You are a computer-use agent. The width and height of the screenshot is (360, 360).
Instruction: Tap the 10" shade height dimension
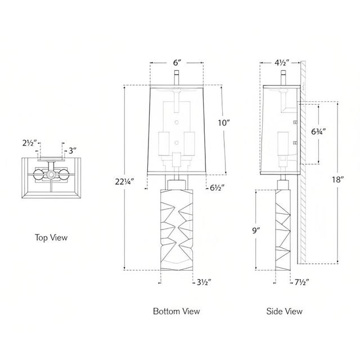224,123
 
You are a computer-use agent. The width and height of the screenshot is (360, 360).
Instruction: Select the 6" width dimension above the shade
177,62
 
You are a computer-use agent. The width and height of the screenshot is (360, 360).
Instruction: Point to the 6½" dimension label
217,188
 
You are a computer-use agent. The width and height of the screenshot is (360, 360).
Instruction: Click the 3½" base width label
204,282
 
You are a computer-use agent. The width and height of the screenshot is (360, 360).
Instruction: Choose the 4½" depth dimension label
281,62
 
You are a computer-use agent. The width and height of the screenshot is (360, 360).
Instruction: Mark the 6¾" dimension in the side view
318,132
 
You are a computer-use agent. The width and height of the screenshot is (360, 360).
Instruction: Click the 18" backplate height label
337,179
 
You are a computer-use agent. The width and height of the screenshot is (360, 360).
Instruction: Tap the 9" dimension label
256,230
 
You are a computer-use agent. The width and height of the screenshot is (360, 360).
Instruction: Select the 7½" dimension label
302,282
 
